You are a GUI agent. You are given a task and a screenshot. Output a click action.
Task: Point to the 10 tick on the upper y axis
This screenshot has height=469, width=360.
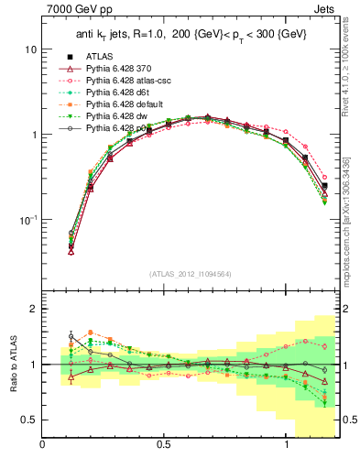[28, 49]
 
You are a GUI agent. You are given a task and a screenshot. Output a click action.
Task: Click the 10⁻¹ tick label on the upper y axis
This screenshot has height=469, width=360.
[26, 220]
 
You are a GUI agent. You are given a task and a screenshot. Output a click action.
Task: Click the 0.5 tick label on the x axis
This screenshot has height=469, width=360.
[163, 446]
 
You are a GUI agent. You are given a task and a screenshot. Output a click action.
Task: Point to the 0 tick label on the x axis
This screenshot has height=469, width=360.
[42, 446]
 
